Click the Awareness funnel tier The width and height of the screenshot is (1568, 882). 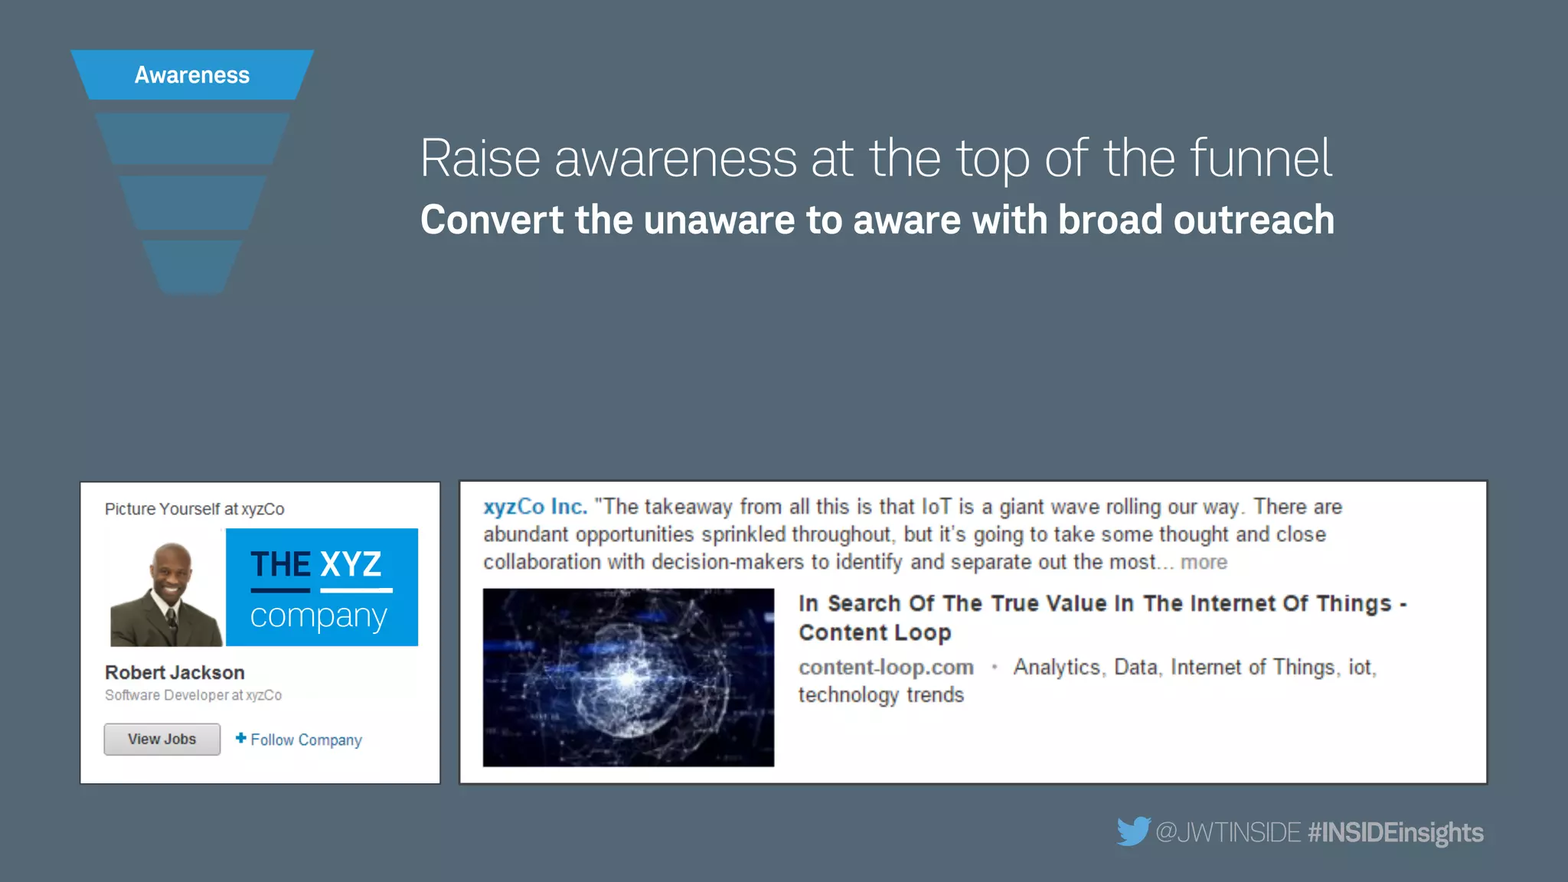[x=192, y=75]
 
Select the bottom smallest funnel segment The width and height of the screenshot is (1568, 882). [x=192, y=266]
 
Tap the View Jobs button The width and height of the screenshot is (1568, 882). [x=162, y=740]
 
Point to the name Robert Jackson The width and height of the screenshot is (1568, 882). [x=175, y=672]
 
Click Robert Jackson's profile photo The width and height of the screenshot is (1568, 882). [x=167, y=594]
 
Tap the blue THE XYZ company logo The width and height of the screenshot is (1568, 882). [x=322, y=587]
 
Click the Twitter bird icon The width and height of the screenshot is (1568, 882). [x=1133, y=831]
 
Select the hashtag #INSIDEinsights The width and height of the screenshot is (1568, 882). [x=1396, y=832]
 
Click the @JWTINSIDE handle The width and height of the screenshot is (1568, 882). [x=1228, y=832]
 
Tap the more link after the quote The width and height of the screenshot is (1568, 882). [x=1204, y=562]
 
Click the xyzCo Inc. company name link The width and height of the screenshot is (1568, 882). [x=535, y=507]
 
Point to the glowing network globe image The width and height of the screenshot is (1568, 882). [x=628, y=677]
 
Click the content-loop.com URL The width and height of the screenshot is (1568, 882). [x=886, y=668]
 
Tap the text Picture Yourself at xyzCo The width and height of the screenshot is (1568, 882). [x=194, y=509]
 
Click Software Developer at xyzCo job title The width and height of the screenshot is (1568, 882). [x=193, y=695]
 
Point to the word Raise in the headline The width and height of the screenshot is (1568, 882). [x=480, y=158]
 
